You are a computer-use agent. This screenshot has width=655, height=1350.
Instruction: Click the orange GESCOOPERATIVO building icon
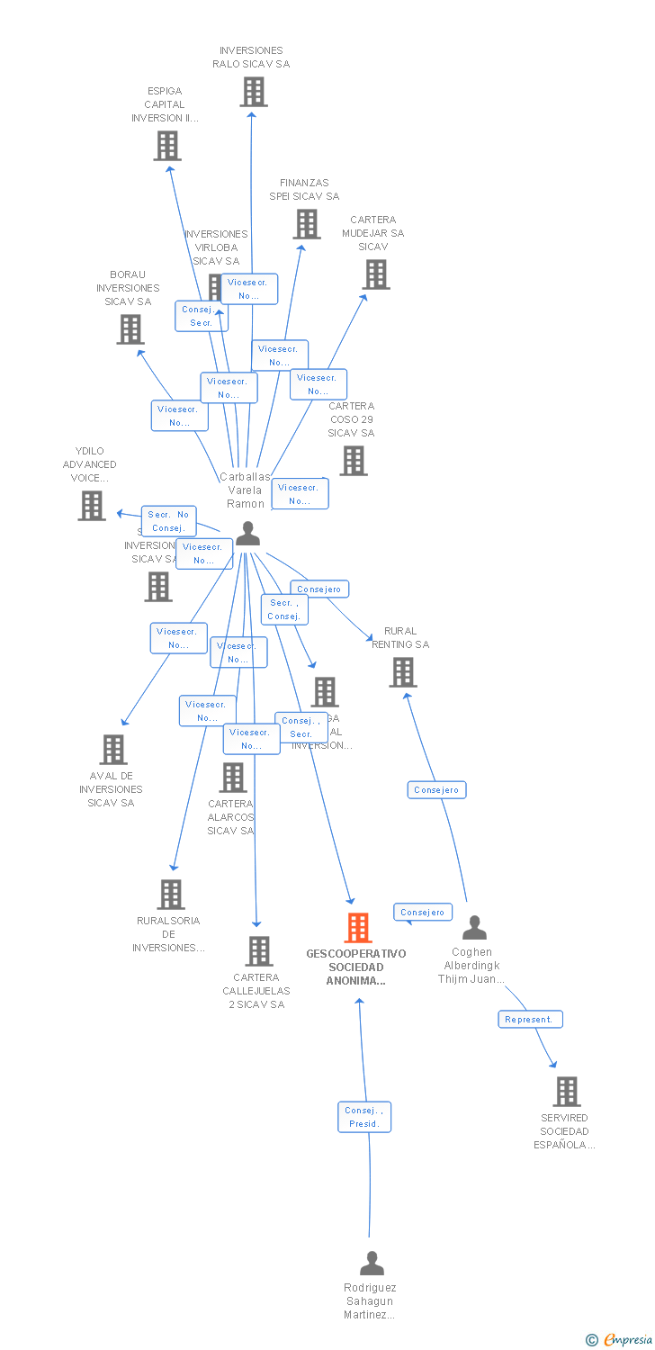(x=358, y=927)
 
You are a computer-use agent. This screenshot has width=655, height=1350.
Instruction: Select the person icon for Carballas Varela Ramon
(x=247, y=534)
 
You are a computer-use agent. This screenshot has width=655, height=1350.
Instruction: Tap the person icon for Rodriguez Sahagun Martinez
(x=372, y=1264)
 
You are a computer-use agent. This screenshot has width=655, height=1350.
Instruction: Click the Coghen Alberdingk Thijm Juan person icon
(x=474, y=928)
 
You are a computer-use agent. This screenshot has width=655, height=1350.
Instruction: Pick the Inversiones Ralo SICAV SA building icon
(x=254, y=92)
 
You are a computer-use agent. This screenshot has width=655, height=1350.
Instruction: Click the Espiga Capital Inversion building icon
(x=167, y=146)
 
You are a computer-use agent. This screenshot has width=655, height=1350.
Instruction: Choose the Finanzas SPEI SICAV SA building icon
(x=307, y=224)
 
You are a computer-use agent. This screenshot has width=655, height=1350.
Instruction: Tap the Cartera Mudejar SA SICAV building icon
(x=376, y=274)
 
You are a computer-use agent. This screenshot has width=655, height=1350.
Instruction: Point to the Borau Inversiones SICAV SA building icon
(x=130, y=329)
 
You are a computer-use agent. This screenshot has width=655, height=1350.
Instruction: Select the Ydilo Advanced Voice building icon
(x=92, y=506)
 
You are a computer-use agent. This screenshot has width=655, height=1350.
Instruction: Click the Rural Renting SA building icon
(x=402, y=672)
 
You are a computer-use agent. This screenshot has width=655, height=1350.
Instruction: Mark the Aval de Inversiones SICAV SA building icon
(x=113, y=750)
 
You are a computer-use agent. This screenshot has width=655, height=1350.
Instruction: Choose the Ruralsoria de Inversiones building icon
(x=171, y=895)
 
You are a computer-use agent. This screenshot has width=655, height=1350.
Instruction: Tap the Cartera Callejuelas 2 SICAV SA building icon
(x=259, y=951)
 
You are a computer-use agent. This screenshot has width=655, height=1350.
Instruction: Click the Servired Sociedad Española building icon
(x=567, y=1092)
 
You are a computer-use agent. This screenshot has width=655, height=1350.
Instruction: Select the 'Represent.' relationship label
(x=531, y=1020)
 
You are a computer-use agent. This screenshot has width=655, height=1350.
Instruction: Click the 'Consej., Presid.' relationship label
(x=364, y=1117)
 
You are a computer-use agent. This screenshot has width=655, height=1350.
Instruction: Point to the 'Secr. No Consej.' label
(x=168, y=521)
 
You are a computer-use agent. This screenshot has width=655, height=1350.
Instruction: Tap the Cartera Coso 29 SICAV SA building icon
(x=354, y=461)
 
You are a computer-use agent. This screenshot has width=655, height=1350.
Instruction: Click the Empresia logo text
(x=628, y=1340)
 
